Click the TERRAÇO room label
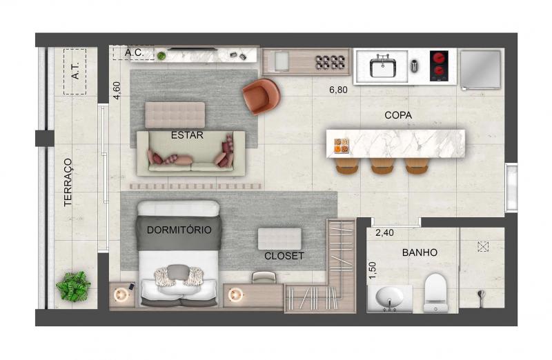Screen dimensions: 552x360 (x=68, y=182)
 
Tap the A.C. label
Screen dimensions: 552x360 (x=134, y=53)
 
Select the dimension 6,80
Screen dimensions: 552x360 (x=338, y=90)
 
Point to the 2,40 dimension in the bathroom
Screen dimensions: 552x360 (x=384, y=233)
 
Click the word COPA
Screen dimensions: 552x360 (x=398, y=115)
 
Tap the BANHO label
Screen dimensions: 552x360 (x=420, y=252)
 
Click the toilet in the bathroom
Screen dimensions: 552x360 (x=435, y=293)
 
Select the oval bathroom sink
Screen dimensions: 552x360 (x=389, y=297)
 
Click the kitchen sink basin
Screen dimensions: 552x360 (x=383, y=68)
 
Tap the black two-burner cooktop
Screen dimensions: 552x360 (x=439, y=66)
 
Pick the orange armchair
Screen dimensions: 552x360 (x=262, y=96)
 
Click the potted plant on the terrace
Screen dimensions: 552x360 (x=73, y=286)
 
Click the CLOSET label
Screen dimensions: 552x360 (x=284, y=256)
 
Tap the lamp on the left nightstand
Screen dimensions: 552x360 (x=121, y=294)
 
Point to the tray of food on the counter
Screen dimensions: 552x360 (x=342, y=146)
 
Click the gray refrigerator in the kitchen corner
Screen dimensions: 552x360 (x=480, y=69)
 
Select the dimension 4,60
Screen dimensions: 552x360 (x=117, y=90)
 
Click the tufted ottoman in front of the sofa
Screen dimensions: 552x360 (x=175, y=115)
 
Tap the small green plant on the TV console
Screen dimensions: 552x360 (x=161, y=56)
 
